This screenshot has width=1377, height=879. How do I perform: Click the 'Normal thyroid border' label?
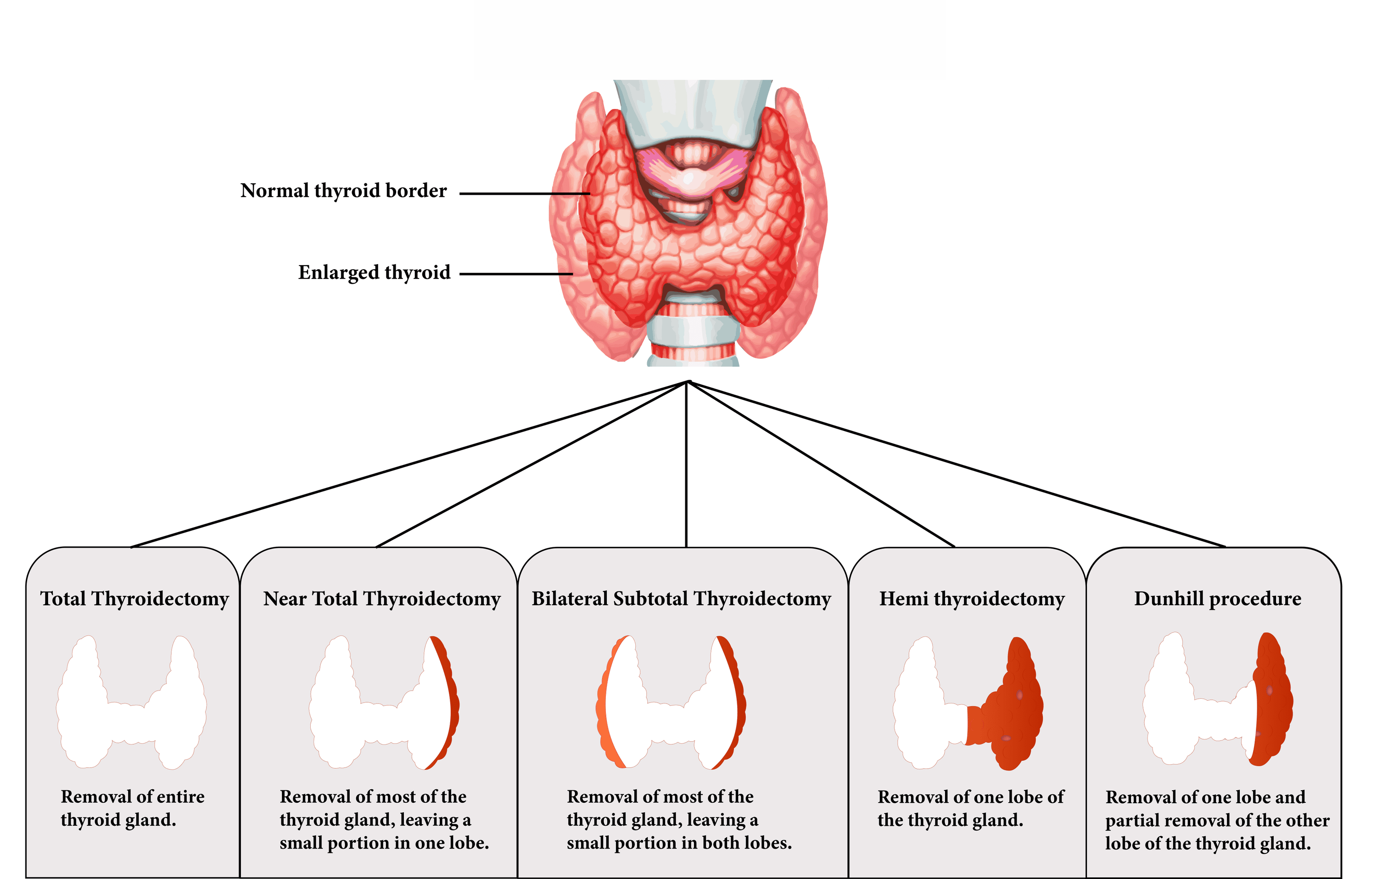(x=343, y=191)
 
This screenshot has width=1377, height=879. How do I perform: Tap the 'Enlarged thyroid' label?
(x=374, y=272)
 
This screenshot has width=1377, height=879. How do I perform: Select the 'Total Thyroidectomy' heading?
(x=134, y=599)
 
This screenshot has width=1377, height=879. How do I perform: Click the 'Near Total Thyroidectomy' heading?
(x=381, y=599)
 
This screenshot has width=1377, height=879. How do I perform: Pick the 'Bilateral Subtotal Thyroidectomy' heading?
(x=681, y=599)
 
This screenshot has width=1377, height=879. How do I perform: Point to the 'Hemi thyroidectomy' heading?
(x=972, y=599)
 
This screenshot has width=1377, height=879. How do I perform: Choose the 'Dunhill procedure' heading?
(x=1217, y=599)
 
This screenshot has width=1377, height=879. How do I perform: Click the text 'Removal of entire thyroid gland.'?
(x=132, y=808)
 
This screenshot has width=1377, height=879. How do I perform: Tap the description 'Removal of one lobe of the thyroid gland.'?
(x=970, y=808)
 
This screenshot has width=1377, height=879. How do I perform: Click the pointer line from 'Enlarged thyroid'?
(x=515, y=274)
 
